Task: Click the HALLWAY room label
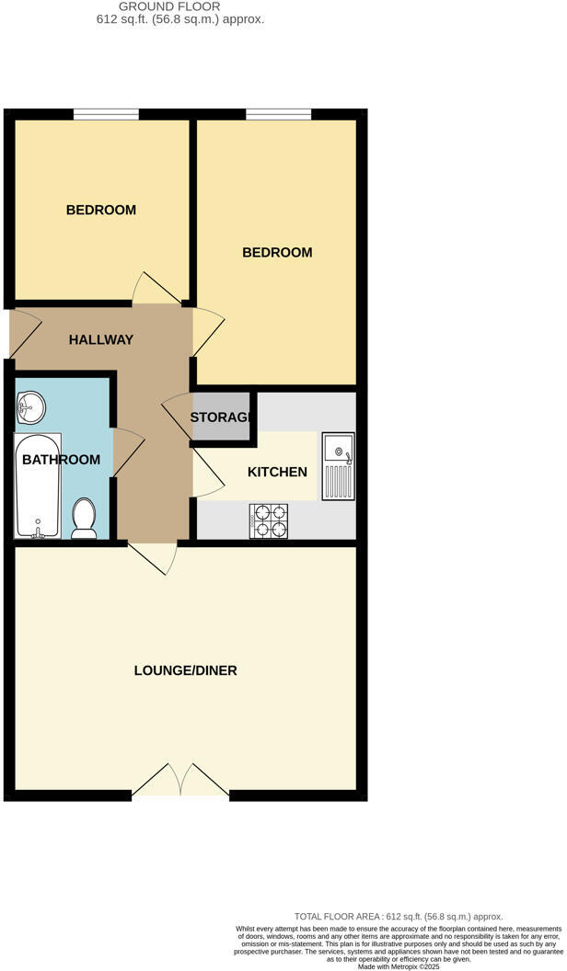101,339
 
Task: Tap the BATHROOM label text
61,459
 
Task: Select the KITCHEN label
277,472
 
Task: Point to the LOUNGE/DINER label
185,670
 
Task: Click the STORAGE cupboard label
221,417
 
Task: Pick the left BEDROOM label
100,210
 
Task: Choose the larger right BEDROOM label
277,252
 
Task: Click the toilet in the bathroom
85,519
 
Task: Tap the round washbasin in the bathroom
30,405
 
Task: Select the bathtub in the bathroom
37,487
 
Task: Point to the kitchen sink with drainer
338,466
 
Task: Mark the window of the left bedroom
106,114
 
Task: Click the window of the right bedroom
278,114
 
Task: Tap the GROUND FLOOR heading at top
180,6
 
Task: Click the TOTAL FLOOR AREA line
398,917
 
